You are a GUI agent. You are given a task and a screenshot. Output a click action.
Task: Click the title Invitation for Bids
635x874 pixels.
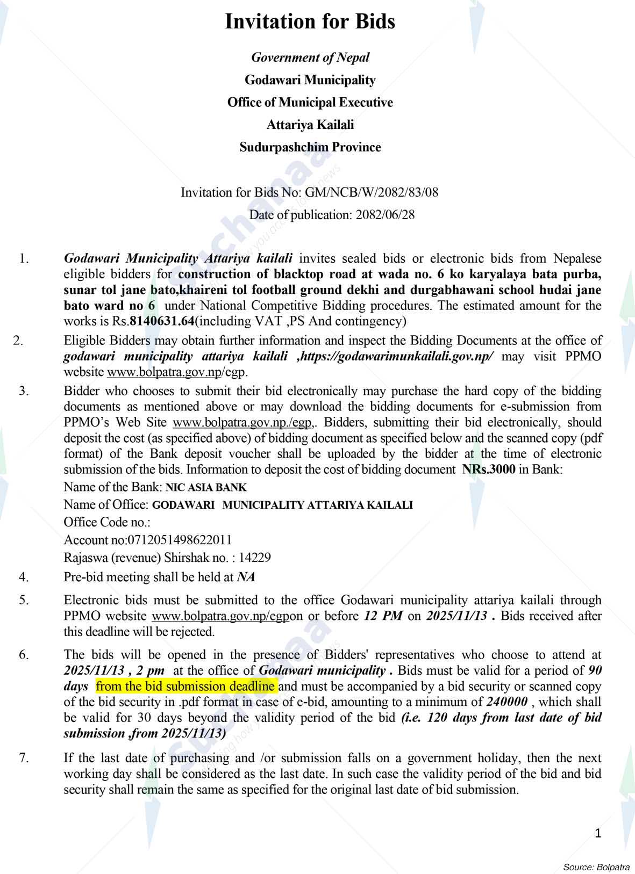tap(310, 22)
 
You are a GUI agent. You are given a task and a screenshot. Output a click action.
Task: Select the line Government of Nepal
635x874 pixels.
tap(310, 57)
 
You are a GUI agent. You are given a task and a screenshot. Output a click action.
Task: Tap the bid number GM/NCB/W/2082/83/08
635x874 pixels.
tap(372, 192)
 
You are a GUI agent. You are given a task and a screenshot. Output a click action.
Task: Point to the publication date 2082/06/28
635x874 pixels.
tap(384, 215)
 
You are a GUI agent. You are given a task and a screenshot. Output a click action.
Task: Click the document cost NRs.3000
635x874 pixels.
tap(488, 469)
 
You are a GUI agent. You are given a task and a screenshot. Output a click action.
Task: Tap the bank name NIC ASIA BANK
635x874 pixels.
tap(206, 488)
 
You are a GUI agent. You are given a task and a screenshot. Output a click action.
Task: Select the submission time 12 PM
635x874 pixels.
tap(383, 616)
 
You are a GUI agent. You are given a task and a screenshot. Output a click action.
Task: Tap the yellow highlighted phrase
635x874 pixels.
tap(185, 687)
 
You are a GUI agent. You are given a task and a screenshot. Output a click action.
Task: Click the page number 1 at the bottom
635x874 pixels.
tap(598, 833)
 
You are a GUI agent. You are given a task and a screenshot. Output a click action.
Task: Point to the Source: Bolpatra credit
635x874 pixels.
tap(596, 867)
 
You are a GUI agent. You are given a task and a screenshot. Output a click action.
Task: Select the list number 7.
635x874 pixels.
tap(23, 758)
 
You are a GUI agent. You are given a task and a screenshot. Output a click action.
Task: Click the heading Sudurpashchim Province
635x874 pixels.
tap(310, 147)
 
